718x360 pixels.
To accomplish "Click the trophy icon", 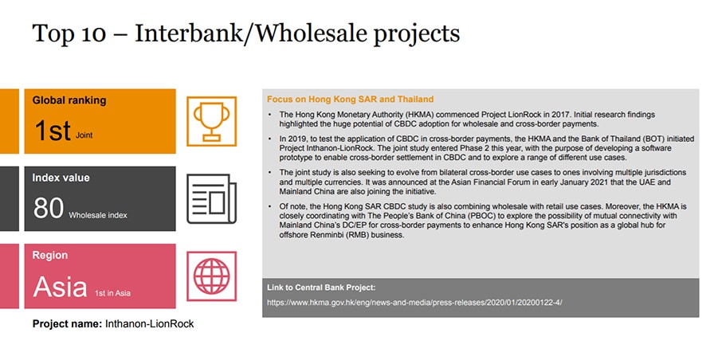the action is [x=211, y=121].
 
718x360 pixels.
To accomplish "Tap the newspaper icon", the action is [x=211, y=198].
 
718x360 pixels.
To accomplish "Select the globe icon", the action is [x=211, y=276].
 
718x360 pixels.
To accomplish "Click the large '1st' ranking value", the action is [x=53, y=130].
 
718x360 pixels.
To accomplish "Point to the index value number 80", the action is [x=48, y=208].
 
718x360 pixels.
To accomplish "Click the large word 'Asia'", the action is [x=60, y=287].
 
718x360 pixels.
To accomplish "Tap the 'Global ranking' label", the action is [x=69, y=100].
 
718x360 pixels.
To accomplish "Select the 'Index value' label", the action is [x=61, y=178].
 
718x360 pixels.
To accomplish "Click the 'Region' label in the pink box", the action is [x=50, y=255].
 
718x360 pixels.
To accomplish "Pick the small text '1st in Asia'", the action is [x=112, y=293].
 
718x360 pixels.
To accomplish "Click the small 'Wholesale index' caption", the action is [x=98, y=215].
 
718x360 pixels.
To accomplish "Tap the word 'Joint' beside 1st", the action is [x=84, y=135].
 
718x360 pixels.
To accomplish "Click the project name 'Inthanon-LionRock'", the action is [x=149, y=324].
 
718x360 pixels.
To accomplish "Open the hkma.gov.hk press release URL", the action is [x=414, y=303].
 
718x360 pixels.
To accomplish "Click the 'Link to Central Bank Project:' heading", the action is [x=321, y=288].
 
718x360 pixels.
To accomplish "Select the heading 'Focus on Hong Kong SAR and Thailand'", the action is [x=351, y=100].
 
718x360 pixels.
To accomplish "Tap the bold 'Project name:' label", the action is [x=67, y=324].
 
